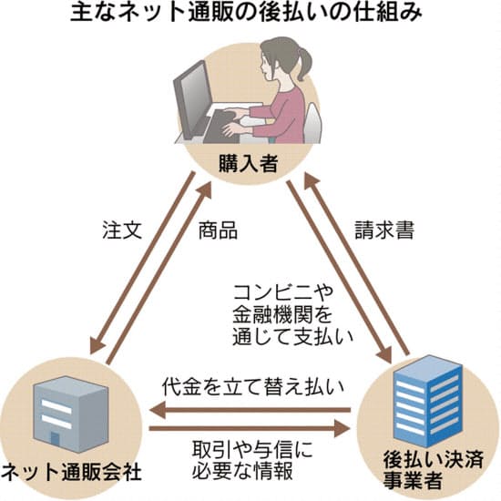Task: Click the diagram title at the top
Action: pyautogui.click(x=246, y=13)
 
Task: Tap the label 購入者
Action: pyautogui.click(x=249, y=163)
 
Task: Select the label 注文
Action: pyautogui.click(x=122, y=230)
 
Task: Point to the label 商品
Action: pyautogui.click(x=218, y=230)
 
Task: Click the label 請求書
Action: pyautogui.click(x=384, y=230)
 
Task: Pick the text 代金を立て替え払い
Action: pyautogui.click(x=252, y=387)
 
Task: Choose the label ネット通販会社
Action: pyautogui.click(x=71, y=473)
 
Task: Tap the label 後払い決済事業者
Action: pyautogui.click(x=433, y=469)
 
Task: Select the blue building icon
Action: pyautogui.click(x=427, y=402)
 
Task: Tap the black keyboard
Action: pyautogui.click(x=224, y=127)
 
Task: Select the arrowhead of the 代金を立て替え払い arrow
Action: pyautogui.click(x=158, y=410)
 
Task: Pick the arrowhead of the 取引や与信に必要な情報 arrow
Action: pyautogui.click(x=343, y=428)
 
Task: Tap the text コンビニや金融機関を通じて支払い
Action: pyautogui.click(x=292, y=315)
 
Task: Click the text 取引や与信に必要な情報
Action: pyautogui.click(x=252, y=460)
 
